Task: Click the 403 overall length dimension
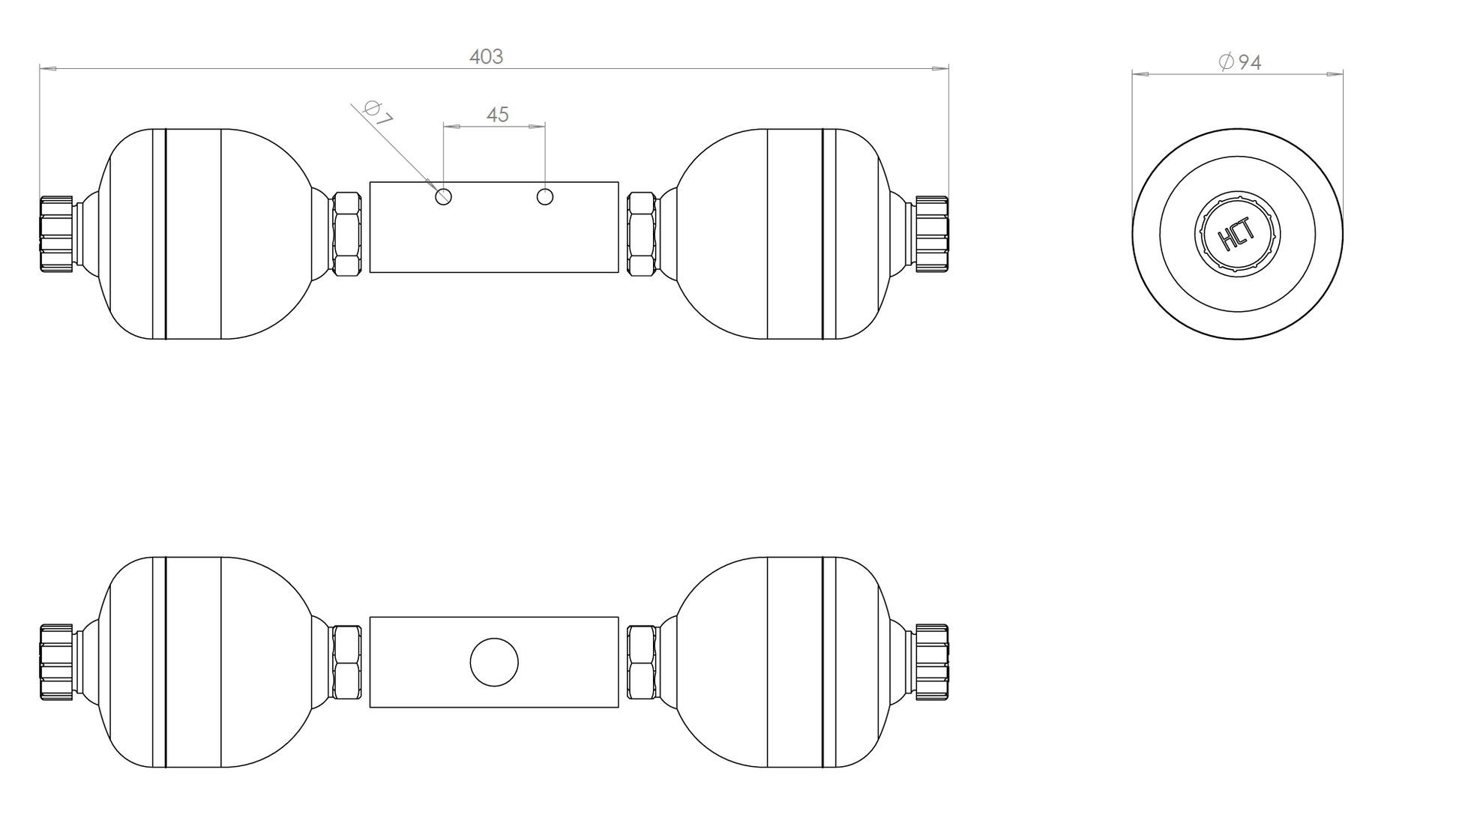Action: click(486, 57)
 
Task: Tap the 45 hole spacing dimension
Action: click(497, 115)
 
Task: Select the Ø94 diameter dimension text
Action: click(1240, 62)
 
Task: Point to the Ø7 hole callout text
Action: click(378, 112)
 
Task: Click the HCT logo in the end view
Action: click(1237, 235)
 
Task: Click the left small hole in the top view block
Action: click(443, 197)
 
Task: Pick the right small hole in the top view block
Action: click(545, 197)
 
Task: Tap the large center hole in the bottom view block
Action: click(494, 663)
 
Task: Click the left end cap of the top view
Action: click(57, 234)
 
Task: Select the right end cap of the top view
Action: click(931, 234)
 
